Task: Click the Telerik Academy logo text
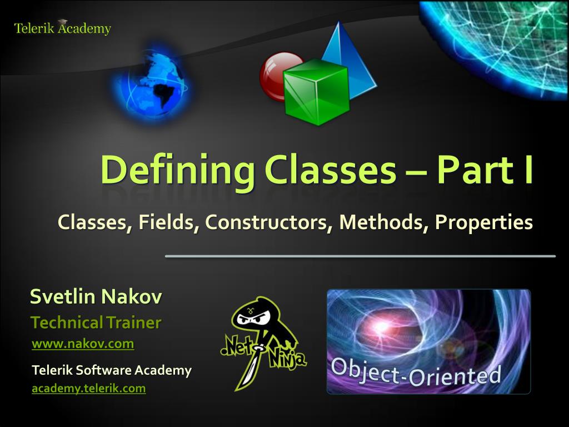62,28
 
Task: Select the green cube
316,92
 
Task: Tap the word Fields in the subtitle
169,222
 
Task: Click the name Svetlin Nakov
96,297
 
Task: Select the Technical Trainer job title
96,322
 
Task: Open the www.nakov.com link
83,344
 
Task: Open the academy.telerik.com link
89,389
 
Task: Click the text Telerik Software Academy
112,370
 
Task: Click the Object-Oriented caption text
416,371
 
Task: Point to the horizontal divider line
360,256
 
